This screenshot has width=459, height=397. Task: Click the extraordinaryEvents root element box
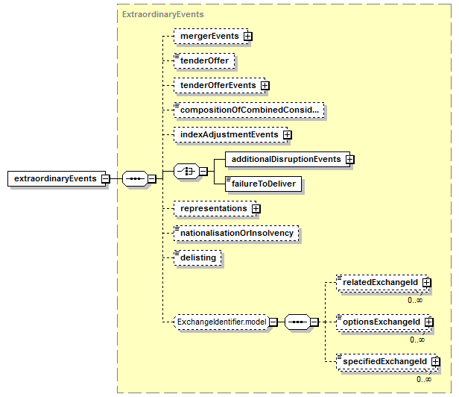pos(57,178)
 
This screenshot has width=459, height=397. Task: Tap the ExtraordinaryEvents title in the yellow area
pos(162,14)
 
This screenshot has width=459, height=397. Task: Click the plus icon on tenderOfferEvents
pos(265,86)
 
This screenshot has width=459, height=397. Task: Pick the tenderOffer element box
pos(204,61)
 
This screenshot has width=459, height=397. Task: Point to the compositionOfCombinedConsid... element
pos(249,110)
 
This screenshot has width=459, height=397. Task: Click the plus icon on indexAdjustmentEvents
pos(288,135)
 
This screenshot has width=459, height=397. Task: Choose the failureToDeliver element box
pos(263,184)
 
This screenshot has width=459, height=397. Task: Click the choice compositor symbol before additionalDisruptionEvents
pos(186,171)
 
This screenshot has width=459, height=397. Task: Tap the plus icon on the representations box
pos(256,209)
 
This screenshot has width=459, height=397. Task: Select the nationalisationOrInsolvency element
pos(236,234)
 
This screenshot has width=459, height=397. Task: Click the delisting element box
pos(197,258)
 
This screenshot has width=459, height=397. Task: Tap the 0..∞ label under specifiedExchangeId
pos(424,379)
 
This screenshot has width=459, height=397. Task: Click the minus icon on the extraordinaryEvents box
pos(105,178)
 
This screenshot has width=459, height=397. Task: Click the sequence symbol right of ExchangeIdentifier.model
pos(297,322)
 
